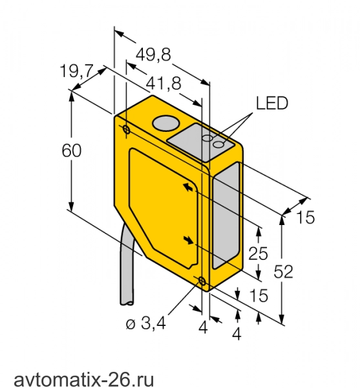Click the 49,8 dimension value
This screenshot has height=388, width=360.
[x=153, y=54]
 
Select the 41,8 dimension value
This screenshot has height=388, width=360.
[x=164, y=83]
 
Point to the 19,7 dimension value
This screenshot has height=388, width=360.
[x=77, y=70]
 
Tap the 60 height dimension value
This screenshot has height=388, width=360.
[x=72, y=151]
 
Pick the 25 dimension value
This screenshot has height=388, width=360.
[x=258, y=253]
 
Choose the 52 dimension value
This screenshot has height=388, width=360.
[x=283, y=272]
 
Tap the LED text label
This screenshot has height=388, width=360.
[x=272, y=103]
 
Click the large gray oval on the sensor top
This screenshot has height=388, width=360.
[x=166, y=123]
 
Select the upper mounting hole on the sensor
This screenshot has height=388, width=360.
[x=126, y=129]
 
